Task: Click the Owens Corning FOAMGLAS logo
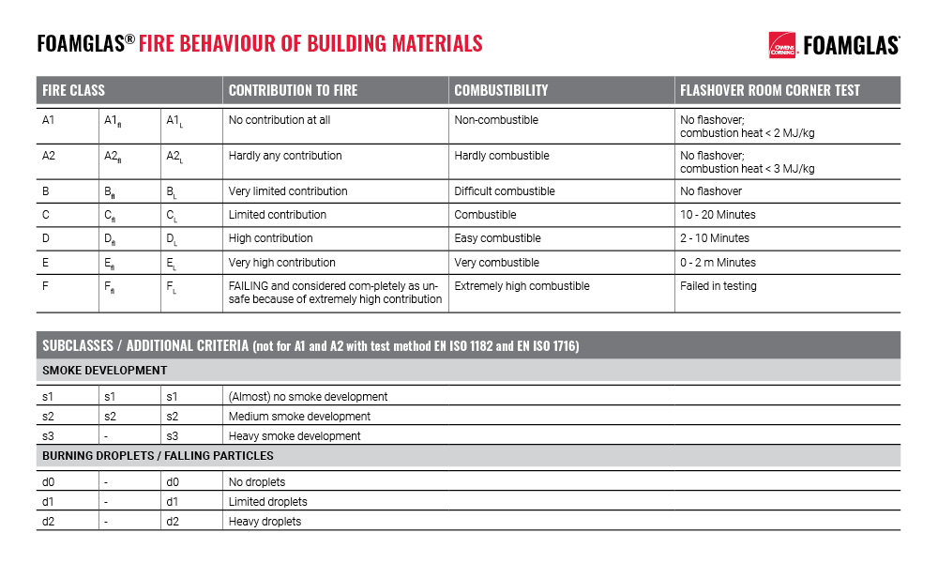click(x=834, y=44)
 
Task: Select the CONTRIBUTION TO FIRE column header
click(x=293, y=90)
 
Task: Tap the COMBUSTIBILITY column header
click(x=501, y=90)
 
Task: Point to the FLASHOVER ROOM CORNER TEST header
click(x=770, y=90)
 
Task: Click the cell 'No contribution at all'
click(x=280, y=120)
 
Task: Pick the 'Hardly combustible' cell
click(x=502, y=156)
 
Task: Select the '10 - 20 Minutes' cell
click(x=718, y=215)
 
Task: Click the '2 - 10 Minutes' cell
click(x=715, y=238)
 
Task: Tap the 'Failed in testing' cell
click(x=719, y=286)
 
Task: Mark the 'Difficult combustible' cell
click(x=505, y=191)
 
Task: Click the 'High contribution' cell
click(x=271, y=238)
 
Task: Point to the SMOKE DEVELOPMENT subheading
click(x=105, y=371)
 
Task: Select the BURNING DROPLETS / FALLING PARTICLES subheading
click(x=158, y=456)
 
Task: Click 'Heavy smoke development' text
click(x=295, y=436)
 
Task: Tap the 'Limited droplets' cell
click(x=268, y=502)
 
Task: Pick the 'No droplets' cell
click(x=257, y=482)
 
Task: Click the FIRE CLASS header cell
click(x=74, y=90)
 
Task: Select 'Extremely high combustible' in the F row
click(x=522, y=286)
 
